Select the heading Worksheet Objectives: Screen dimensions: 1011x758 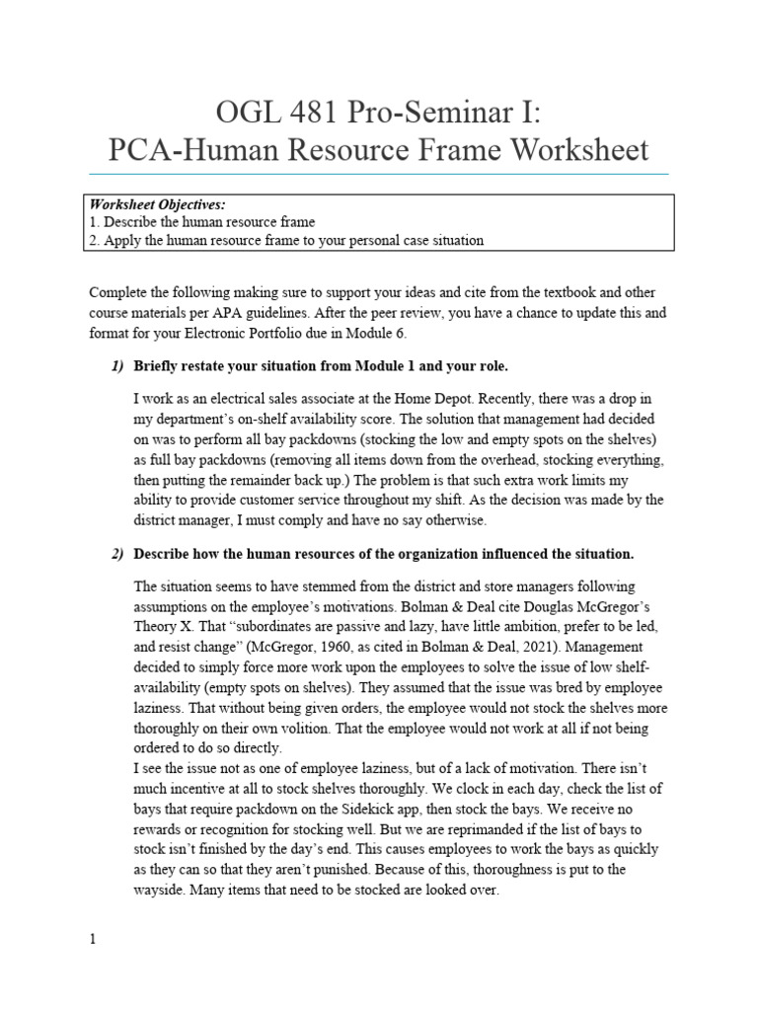[157, 204]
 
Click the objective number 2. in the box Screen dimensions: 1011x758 [95, 239]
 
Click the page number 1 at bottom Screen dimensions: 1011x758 [93, 940]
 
